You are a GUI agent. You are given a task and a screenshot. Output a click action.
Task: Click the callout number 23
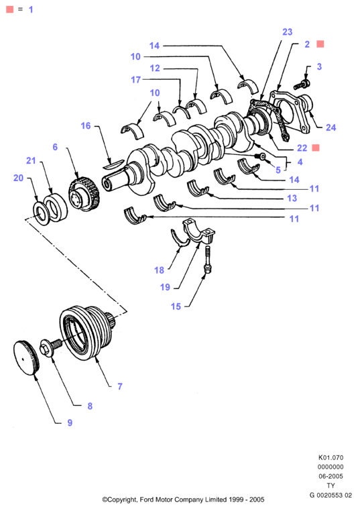pyautogui.click(x=288, y=32)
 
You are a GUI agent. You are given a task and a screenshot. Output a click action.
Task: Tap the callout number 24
pyautogui.click(x=331, y=127)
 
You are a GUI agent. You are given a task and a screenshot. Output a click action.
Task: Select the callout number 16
pyautogui.click(x=86, y=125)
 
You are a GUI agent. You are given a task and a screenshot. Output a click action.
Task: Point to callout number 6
pyautogui.click(x=55, y=147)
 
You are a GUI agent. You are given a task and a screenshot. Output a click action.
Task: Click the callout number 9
pyautogui.click(x=70, y=422)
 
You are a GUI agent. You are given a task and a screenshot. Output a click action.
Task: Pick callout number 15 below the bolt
pyautogui.click(x=176, y=306)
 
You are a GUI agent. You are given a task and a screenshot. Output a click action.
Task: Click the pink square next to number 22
pyautogui.click(x=316, y=148)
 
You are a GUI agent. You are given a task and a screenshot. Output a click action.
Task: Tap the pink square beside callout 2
pyautogui.click(x=320, y=44)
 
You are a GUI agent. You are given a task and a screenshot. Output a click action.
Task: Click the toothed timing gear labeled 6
pyautogui.click(x=84, y=194)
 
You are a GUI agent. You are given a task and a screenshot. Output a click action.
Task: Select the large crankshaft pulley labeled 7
pyautogui.click(x=86, y=333)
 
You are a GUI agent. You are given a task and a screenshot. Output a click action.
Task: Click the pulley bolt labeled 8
pyautogui.click(x=51, y=346)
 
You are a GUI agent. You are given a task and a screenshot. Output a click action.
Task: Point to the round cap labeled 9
pyautogui.click(x=26, y=357)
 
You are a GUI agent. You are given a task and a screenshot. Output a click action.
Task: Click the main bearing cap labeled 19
pyautogui.click(x=198, y=232)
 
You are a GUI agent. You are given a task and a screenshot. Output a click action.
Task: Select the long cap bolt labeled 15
pyautogui.click(x=207, y=260)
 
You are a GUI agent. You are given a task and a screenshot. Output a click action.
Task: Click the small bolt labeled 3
pyautogui.click(x=302, y=84)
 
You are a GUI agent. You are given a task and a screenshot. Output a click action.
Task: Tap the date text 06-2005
pyautogui.click(x=331, y=476)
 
